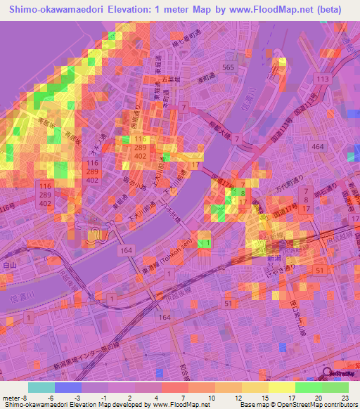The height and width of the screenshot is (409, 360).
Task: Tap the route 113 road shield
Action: pos(323,79)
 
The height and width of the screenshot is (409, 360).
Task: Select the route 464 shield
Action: pos(318,145)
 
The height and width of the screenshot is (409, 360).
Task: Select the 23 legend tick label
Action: pos(346,398)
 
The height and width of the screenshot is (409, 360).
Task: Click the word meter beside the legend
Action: pos(9,398)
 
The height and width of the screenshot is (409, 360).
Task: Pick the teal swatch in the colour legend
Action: pos(41,387)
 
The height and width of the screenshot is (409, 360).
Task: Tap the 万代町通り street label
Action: pos(291,196)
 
